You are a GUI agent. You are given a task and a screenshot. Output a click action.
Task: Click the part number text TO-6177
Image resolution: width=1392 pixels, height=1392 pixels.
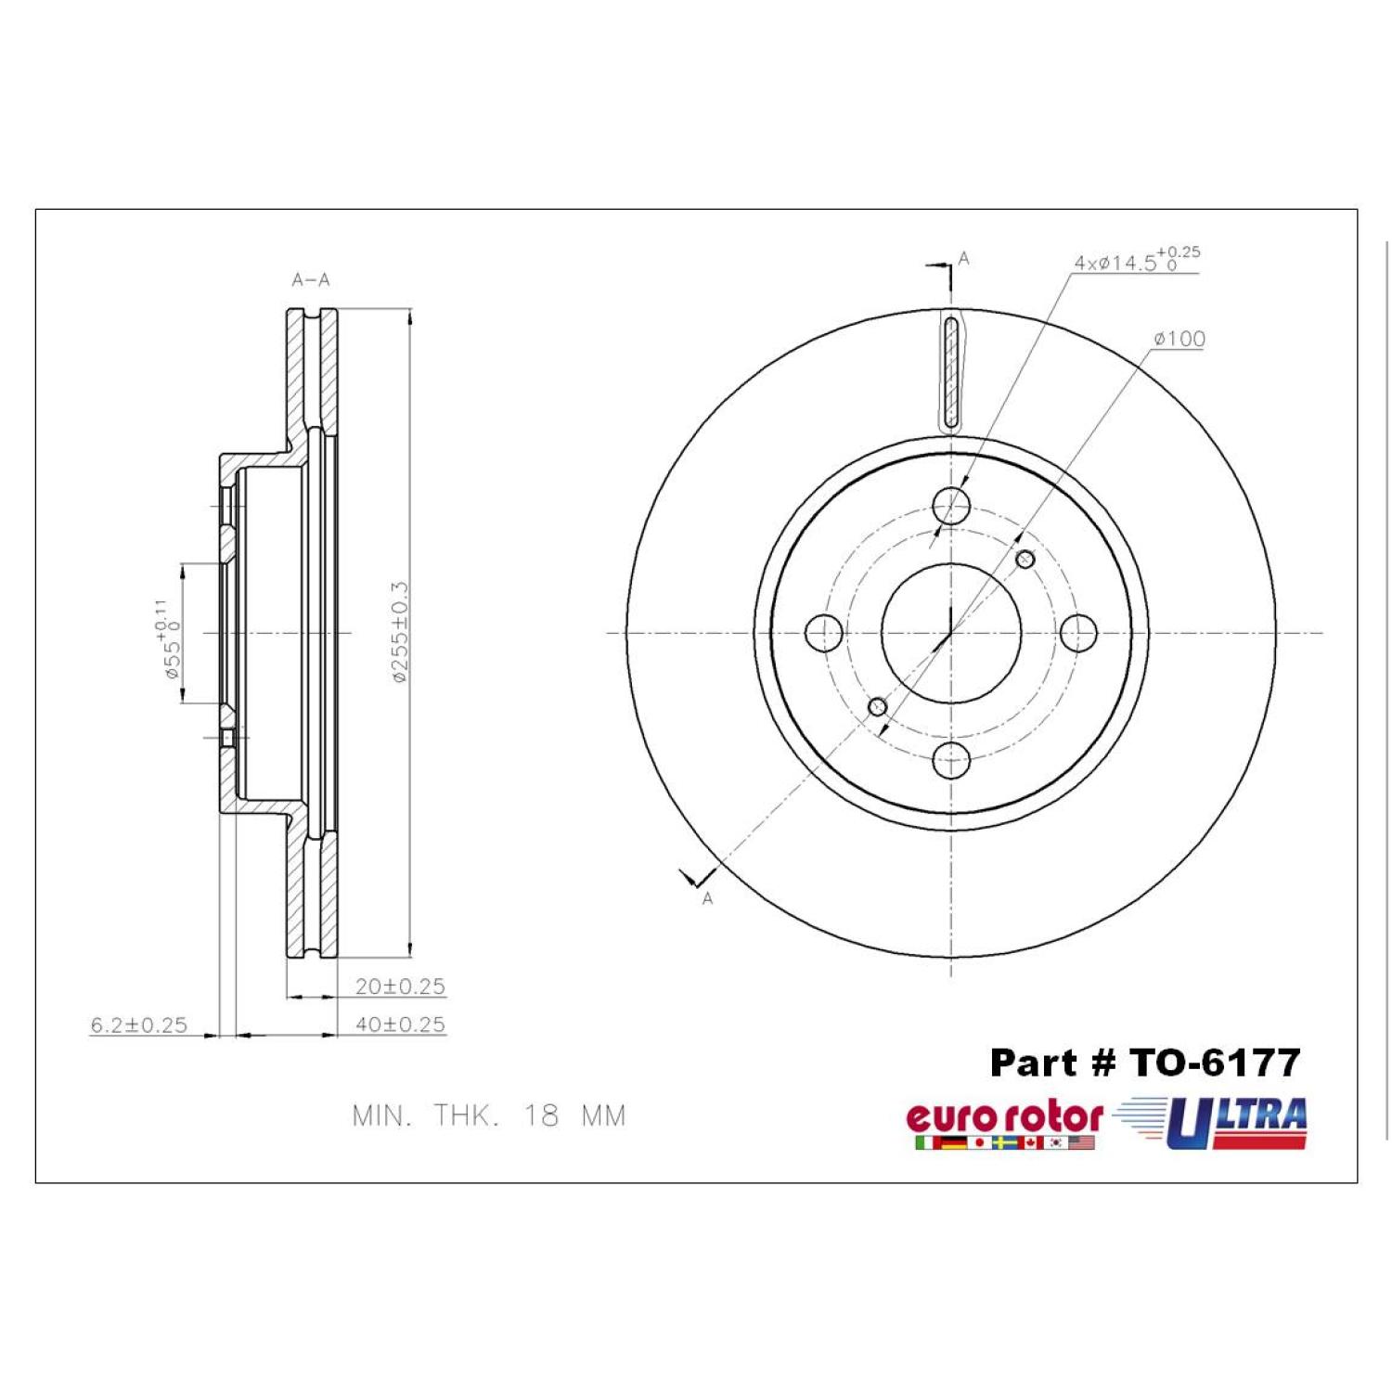1214,1063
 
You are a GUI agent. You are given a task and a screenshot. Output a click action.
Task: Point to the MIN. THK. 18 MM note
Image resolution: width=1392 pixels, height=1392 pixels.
489,1115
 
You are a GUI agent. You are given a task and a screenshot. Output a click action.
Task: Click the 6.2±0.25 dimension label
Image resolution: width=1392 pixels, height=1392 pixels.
138,1025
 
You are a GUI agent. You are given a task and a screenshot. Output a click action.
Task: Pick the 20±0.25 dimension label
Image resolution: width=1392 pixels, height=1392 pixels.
400,986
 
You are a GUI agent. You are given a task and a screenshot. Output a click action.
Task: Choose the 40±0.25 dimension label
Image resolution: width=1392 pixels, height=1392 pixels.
400,1025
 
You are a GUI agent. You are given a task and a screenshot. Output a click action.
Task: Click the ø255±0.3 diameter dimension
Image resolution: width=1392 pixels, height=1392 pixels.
399,633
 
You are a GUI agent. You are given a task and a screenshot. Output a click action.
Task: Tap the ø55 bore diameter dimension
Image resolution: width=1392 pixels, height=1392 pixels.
167,639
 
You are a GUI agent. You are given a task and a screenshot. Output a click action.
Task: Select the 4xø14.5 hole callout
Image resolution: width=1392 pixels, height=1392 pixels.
1137,259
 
